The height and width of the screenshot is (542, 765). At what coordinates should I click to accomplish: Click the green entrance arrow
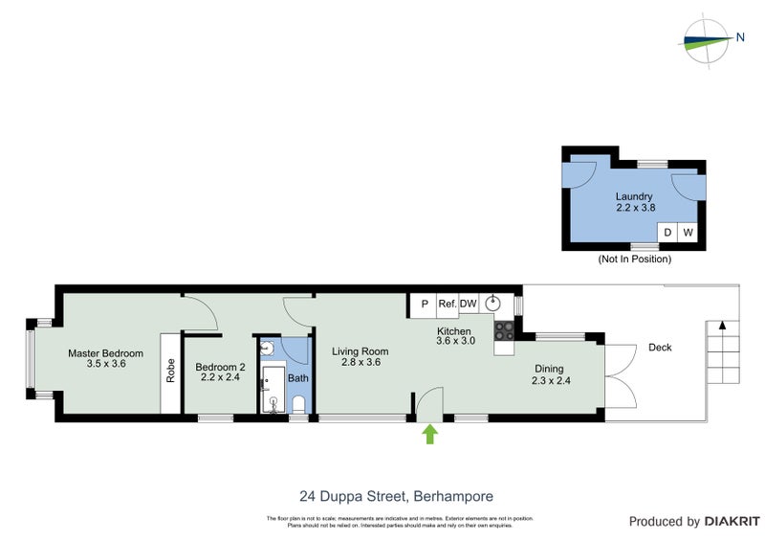click(x=430, y=435)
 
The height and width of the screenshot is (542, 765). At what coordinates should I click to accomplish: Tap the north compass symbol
click(x=709, y=39)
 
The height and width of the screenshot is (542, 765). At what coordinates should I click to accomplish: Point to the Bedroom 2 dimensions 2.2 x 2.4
click(x=220, y=377)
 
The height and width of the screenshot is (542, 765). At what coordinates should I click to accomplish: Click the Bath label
click(x=298, y=378)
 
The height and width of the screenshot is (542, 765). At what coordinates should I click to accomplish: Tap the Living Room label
click(x=361, y=351)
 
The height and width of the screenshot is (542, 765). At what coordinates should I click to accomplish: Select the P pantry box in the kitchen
click(x=423, y=304)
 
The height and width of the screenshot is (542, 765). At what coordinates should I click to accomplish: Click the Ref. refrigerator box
click(x=447, y=304)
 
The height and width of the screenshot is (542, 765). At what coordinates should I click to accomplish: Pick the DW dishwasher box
click(x=469, y=304)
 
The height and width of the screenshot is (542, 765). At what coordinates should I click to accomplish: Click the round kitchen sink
click(x=493, y=304)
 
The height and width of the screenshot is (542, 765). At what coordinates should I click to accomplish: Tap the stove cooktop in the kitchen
click(x=504, y=330)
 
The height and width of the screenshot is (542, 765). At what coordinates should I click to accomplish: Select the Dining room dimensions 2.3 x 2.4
click(x=549, y=380)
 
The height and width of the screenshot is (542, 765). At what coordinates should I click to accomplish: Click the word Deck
click(x=660, y=348)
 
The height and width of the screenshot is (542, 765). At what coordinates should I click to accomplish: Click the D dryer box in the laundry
click(x=667, y=233)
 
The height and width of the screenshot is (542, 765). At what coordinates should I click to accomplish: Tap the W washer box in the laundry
click(x=688, y=233)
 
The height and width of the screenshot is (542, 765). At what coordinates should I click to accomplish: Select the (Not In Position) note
click(x=635, y=260)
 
